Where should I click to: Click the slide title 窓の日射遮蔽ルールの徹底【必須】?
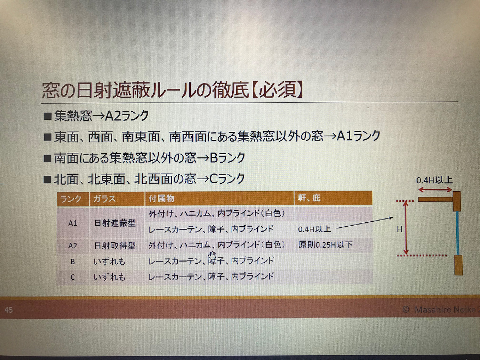point(172,90)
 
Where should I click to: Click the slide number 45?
point(9,310)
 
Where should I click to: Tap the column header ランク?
point(71,199)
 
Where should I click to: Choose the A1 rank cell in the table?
point(73,223)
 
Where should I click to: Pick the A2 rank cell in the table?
point(73,246)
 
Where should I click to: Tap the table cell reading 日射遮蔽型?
point(115,223)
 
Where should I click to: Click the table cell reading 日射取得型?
point(115,246)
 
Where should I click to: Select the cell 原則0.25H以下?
point(325,245)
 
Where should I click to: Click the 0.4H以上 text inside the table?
point(314,229)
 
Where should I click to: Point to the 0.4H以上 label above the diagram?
point(434,180)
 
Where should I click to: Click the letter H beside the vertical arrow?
point(400,229)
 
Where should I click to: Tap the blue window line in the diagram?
point(458,233)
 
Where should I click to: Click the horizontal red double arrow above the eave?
point(435,190)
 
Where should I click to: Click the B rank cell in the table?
point(73,262)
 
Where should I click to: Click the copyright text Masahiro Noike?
point(445,309)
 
